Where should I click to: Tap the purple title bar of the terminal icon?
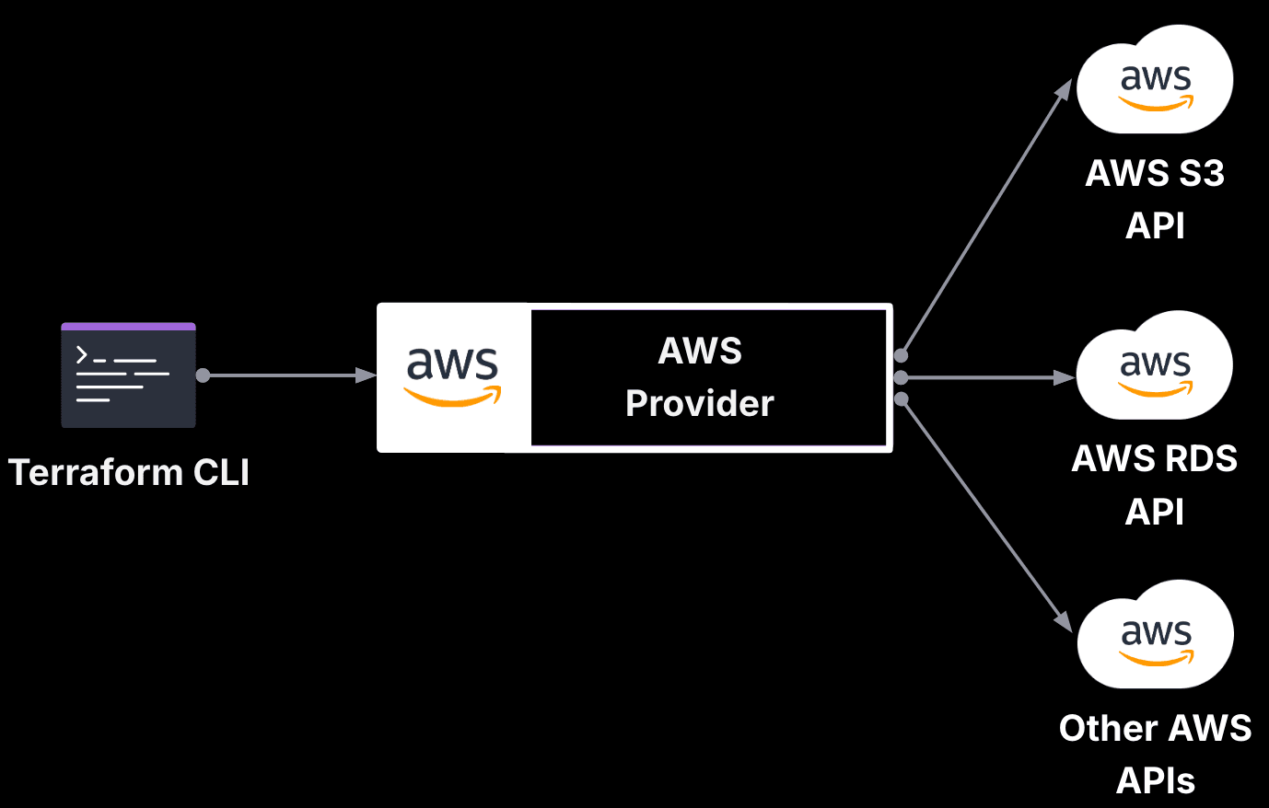pyautogui.click(x=128, y=326)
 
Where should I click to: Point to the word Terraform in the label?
pyautogui.click(x=96, y=472)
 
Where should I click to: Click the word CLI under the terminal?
pyautogui.click(x=221, y=472)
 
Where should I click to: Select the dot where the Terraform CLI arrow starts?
pyautogui.click(x=203, y=375)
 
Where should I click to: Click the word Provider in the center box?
pyautogui.click(x=700, y=403)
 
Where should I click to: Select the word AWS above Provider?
pyautogui.click(x=700, y=351)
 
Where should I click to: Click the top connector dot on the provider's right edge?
pyautogui.click(x=901, y=355)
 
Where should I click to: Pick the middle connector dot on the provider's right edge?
pyautogui.click(x=901, y=377)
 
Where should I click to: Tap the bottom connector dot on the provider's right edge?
pyautogui.click(x=901, y=398)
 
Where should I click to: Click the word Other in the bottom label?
pyautogui.click(x=1101, y=728)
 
